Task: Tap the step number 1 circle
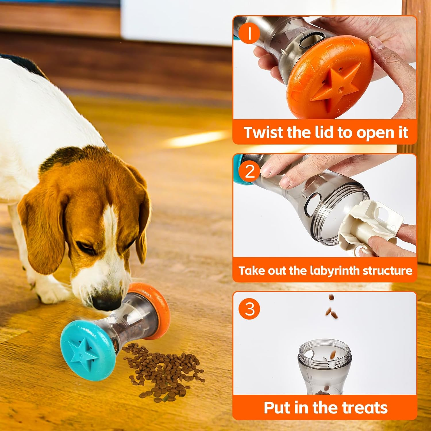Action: pos(249,33)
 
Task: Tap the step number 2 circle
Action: pos(249,171)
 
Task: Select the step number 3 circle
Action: pos(249,309)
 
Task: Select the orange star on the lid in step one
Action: pos(333,83)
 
